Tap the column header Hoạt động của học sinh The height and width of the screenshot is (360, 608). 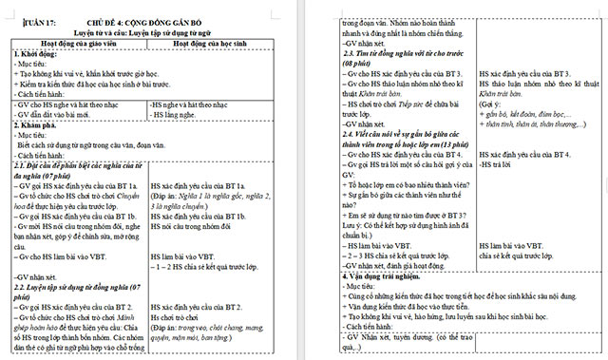(229, 43)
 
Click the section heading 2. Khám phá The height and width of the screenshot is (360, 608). (35, 124)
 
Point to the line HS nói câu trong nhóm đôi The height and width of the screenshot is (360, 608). (202, 224)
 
